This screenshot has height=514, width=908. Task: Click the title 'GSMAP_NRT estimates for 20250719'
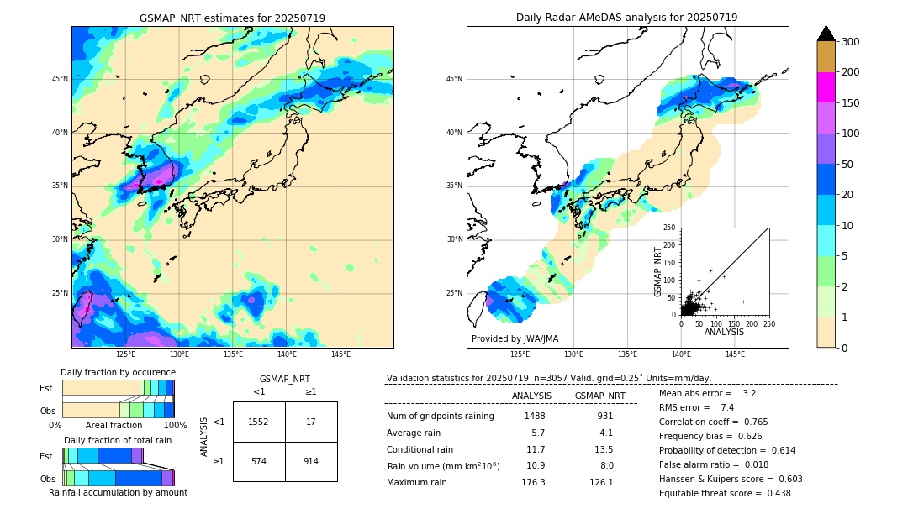[232, 18]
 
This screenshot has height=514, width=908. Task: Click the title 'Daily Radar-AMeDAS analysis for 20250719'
[626, 18]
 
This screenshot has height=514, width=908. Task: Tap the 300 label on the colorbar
[852, 42]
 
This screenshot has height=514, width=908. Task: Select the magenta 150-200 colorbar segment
[826, 87]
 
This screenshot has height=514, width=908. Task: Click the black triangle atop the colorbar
[826, 34]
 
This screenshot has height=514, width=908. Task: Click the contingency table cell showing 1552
[259, 422]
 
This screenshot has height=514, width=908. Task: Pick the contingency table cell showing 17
[311, 422]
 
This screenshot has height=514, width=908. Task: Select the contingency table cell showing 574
[259, 461]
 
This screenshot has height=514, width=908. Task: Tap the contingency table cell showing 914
[311, 461]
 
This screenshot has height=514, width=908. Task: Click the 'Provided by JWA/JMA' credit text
[515, 339]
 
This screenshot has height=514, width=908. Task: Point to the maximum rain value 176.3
[533, 482]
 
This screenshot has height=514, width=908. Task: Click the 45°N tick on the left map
[60, 79]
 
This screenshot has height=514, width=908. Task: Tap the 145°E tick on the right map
[735, 354]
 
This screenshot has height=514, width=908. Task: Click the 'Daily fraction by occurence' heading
[118, 372]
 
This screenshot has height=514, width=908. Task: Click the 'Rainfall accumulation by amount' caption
[118, 492]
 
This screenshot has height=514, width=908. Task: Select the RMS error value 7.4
[727, 407]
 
